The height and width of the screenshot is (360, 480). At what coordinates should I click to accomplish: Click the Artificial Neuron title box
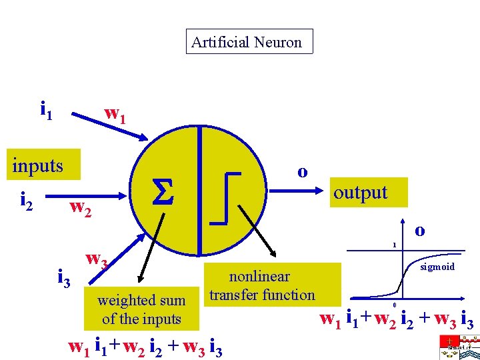249,42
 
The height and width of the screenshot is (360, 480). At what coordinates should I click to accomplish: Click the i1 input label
46,108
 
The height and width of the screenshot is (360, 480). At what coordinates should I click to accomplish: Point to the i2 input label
28,199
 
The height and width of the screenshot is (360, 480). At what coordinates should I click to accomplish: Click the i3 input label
64,276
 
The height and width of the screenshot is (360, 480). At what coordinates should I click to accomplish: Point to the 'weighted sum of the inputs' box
141,309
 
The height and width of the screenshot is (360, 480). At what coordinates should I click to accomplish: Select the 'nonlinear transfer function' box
261,285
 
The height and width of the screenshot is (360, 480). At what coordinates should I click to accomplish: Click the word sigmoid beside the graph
437,267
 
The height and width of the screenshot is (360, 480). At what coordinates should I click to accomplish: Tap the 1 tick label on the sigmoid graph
394,245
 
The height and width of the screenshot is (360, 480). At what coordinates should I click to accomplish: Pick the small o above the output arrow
302,171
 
